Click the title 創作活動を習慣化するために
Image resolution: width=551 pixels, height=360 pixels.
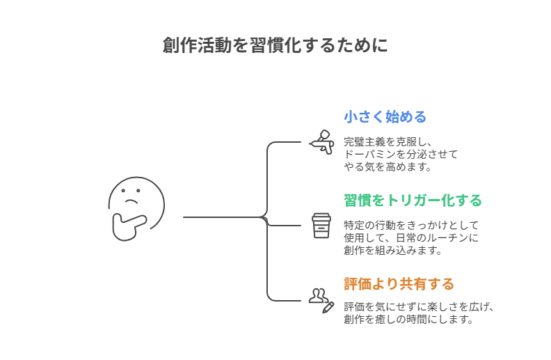pos(275,46)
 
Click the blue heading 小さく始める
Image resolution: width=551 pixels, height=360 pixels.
pos(385,117)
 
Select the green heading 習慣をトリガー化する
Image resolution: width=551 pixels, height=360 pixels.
pos(413,201)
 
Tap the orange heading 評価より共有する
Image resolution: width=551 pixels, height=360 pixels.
pos(399,284)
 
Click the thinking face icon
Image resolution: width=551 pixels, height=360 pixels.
pos(136,208)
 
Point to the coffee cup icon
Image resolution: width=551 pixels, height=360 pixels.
pos(321,226)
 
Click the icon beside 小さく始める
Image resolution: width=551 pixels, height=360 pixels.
pos(321,142)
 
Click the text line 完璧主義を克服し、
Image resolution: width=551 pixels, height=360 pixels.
pos(388,141)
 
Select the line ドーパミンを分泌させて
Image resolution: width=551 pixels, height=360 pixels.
pos(401,154)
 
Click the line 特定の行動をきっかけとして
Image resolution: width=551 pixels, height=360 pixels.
pos(411,225)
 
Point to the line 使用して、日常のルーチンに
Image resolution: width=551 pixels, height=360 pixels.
pos(411,237)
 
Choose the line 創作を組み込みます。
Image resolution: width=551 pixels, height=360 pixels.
pos(393,250)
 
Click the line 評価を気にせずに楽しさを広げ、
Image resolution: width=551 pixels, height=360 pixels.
pos(419,307)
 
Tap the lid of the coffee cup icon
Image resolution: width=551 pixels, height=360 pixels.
pos(321,217)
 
